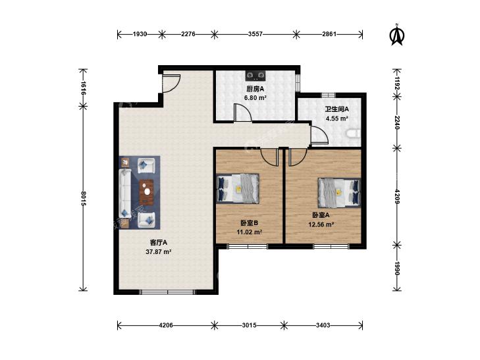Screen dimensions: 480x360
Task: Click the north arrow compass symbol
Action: (397, 35)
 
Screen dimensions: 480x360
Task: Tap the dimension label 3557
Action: (255, 34)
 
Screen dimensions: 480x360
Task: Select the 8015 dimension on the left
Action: (83, 198)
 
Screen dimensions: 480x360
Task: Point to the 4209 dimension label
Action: (397, 197)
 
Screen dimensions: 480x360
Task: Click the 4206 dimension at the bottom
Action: (166, 325)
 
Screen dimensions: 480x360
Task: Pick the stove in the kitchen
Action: (255, 75)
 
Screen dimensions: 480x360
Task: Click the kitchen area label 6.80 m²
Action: (255, 98)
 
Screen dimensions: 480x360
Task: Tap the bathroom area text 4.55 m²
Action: (336, 118)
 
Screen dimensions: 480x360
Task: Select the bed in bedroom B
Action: (238, 188)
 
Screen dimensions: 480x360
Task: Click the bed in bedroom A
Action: (339, 192)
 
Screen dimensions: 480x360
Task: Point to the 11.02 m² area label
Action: (249, 232)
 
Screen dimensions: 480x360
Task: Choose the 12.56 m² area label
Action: (321, 224)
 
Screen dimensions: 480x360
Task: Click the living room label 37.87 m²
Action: (158, 251)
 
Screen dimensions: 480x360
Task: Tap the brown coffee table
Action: (147, 192)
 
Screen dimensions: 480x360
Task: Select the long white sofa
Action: (125, 193)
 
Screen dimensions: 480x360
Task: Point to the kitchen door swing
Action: (243, 113)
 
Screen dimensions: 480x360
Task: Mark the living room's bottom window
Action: (168, 292)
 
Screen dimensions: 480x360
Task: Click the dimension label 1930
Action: (140, 34)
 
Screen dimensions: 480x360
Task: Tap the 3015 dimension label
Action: (249, 325)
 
